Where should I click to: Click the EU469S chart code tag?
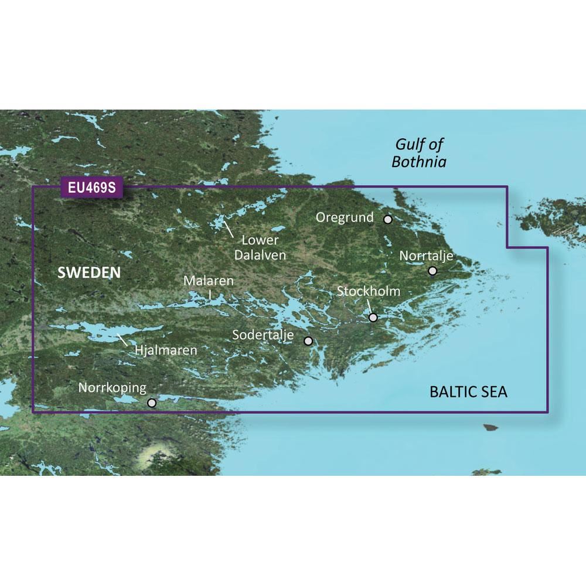[91, 189]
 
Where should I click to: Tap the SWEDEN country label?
[89, 272]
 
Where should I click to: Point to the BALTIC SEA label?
[468, 392]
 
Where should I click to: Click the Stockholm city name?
[369, 291]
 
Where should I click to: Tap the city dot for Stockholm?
[373, 318]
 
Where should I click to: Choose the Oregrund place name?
[345, 217]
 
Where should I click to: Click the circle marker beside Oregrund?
[387, 219]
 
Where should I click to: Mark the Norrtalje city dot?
[432, 271]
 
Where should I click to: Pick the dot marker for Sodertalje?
[308, 340]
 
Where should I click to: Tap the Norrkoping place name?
[112, 387]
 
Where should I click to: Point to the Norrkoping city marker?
[152, 403]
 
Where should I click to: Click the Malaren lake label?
[209, 281]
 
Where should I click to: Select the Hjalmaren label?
[166, 350]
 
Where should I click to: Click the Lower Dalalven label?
[260, 247]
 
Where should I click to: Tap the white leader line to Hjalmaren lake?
[123, 339]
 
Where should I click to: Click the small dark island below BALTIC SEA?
[490, 428]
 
